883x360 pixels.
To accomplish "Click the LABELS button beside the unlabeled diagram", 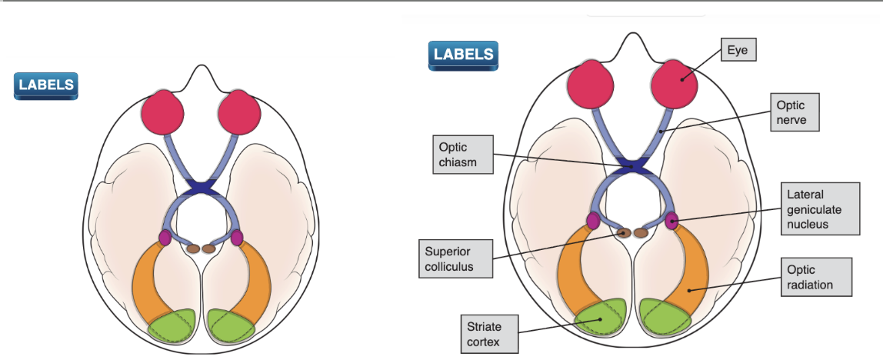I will [x=46, y=85].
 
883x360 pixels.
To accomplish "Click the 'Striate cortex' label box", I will [x=489, y=335].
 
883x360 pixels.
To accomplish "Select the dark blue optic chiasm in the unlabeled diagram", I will [x=202, y=187].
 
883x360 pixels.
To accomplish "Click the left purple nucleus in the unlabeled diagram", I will [x=165, y=237].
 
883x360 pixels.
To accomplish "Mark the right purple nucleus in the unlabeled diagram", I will [x=237, y=237].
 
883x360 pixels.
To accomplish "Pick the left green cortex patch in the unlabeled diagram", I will [x=173, y=326].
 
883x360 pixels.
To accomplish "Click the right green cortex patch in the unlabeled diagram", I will [x=232, y=326].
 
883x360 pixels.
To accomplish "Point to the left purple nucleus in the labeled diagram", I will [x=593, y=222].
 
